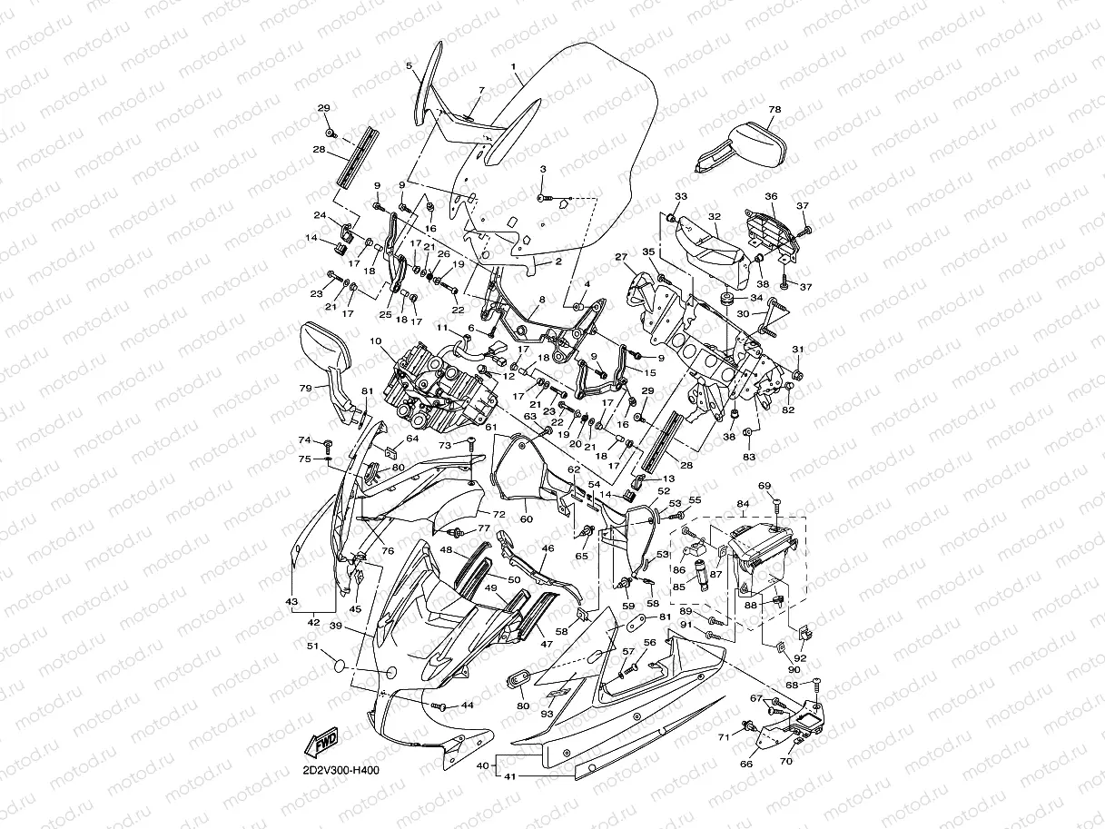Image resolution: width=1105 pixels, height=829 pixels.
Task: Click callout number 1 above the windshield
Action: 513,66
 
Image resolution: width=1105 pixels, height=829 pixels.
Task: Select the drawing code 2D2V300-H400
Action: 340,771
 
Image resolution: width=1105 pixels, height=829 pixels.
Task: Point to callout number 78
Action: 774,109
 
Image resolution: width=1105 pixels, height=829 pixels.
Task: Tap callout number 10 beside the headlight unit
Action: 374,341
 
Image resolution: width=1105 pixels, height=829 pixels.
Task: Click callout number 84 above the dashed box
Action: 743,503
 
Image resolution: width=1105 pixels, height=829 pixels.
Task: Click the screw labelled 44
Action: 439,706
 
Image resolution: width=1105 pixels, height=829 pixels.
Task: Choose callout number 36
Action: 771,196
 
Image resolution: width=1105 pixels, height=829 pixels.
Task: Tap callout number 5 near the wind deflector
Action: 409,66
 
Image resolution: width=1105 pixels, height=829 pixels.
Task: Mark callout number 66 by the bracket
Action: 746,764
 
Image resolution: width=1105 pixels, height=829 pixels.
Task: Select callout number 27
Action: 621,257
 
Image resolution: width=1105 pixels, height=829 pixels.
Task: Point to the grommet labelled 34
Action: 727,299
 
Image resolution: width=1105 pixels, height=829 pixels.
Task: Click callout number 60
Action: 526,519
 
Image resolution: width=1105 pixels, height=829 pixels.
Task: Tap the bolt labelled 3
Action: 542,197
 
